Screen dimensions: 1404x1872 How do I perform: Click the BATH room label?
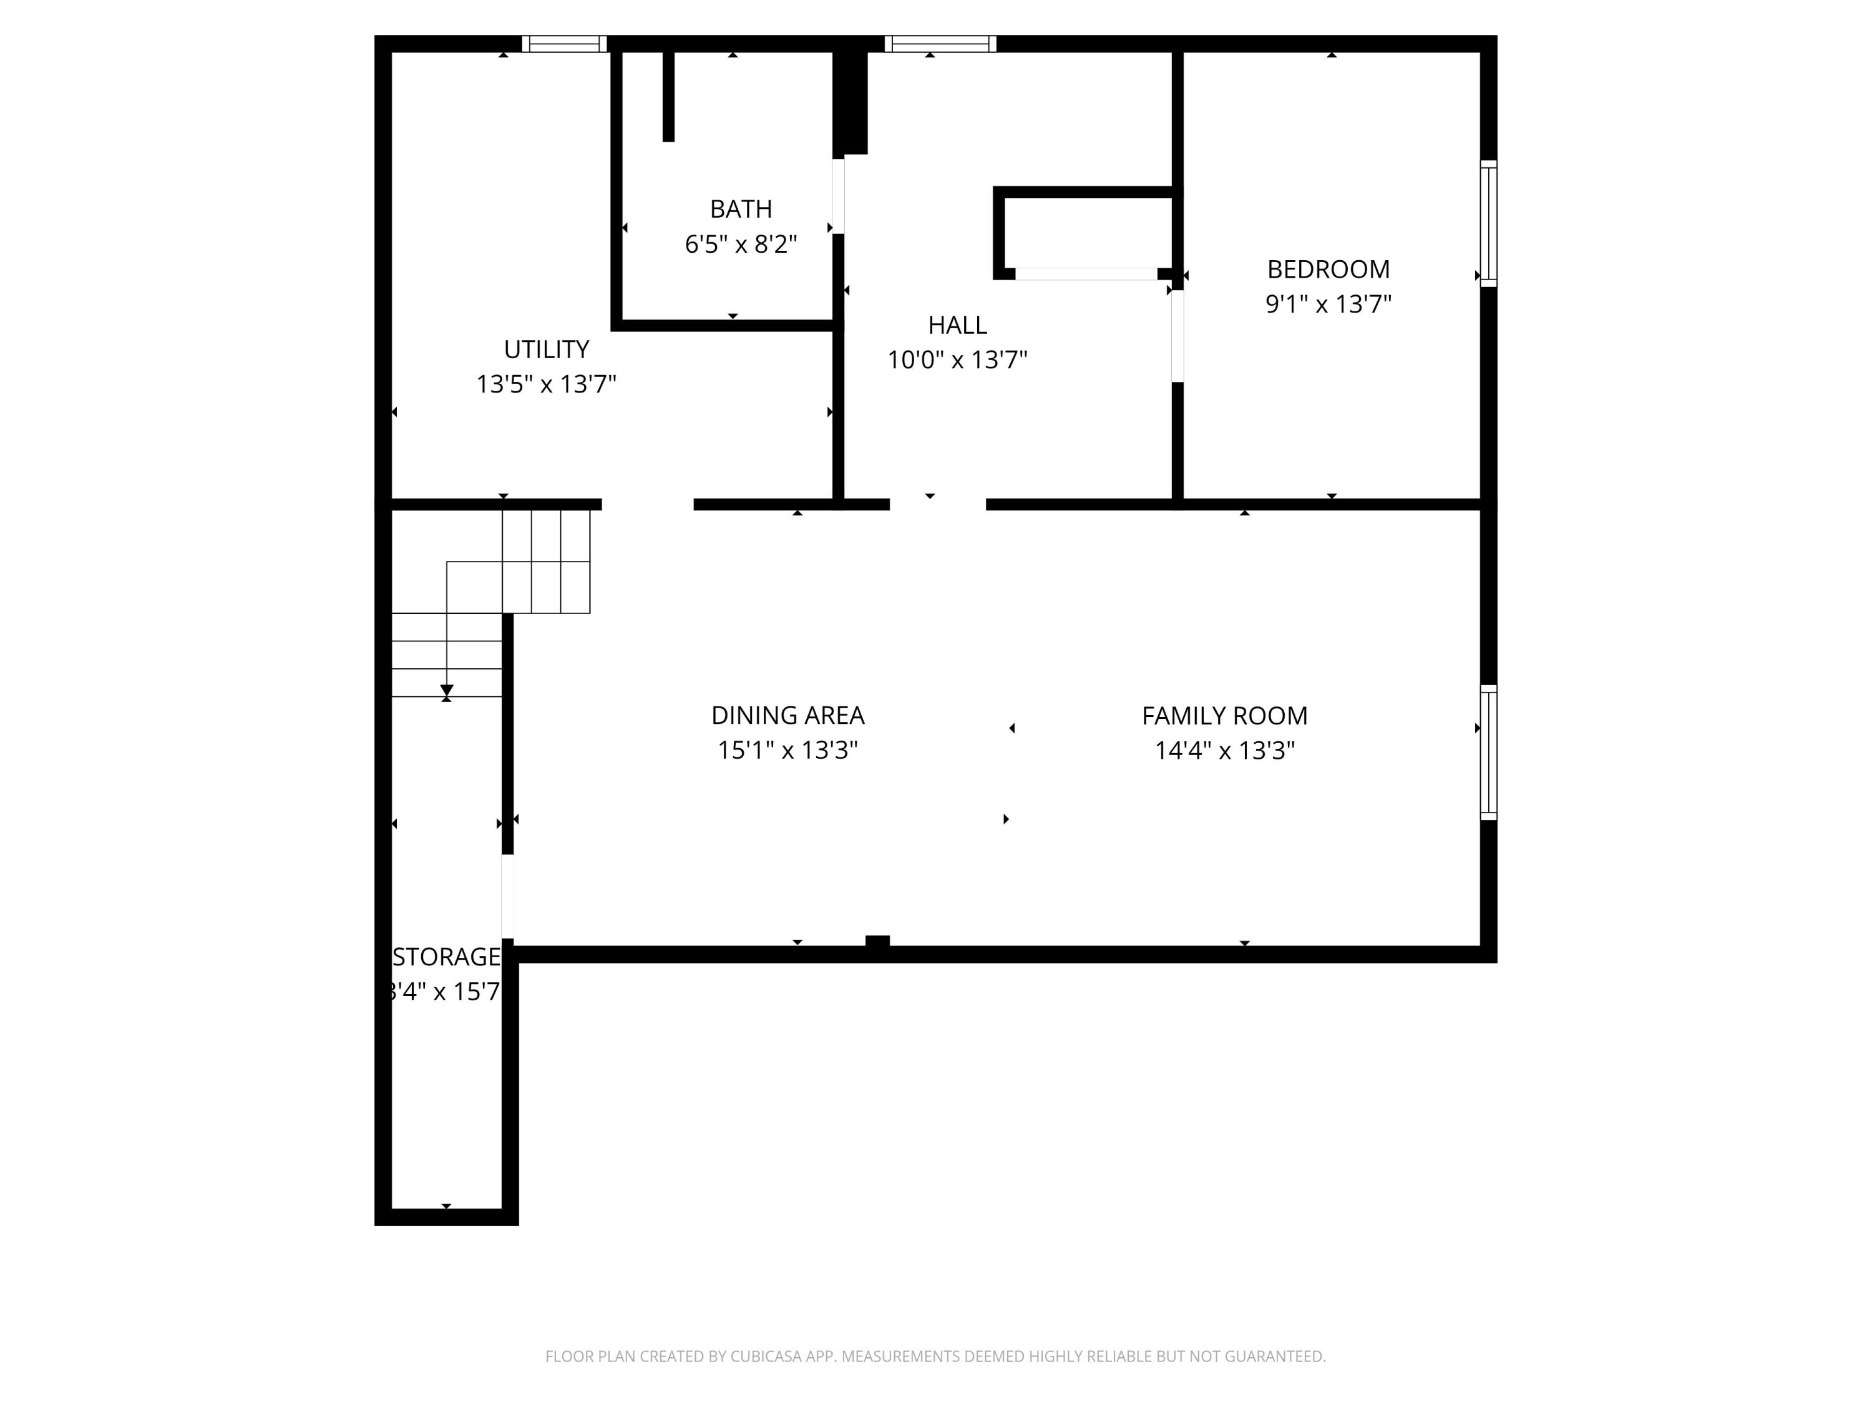click(741, 209)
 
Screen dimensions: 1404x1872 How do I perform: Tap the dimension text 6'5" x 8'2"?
click(741, 245)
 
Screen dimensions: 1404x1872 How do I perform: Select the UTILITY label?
click(546, 349)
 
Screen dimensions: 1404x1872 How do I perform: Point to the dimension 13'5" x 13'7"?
click(546, 384)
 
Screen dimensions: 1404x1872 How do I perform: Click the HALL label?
click(957, 325)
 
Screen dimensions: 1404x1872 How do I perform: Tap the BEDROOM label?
click(1328, 269)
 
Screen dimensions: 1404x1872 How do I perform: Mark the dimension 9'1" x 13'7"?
click(1328, 304)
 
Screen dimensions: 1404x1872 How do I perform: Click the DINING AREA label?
click(787, 716)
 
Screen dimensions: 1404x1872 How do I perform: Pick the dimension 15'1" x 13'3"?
click(787, 751)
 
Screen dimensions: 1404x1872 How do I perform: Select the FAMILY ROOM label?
click(1224, 716)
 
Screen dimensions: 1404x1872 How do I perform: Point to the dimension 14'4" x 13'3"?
click(1224, 751)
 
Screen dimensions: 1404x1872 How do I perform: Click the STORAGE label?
click(446, 957)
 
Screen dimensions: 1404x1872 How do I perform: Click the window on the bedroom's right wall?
click(1489, 223)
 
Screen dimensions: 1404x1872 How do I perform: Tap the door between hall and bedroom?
click(1177, 336)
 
